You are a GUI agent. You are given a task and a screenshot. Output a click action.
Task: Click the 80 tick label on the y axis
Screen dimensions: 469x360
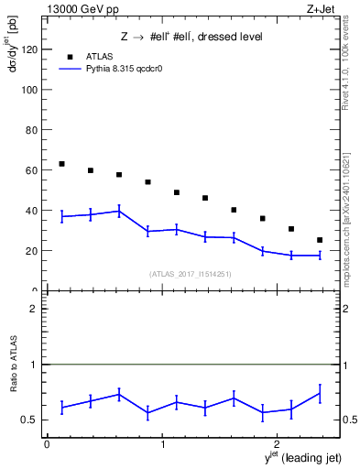pos(31,130)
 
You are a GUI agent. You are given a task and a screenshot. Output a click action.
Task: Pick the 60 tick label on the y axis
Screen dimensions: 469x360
pos(31,170)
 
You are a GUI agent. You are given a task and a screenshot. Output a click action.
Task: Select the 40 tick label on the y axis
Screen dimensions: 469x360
pos(31,211)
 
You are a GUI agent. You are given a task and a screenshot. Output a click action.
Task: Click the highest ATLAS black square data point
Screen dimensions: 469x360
pos(61,164)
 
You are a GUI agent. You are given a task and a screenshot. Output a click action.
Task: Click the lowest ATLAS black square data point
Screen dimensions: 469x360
pos(320,240)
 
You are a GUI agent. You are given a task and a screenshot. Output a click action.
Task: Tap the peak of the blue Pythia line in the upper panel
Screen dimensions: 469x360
pos(119,211)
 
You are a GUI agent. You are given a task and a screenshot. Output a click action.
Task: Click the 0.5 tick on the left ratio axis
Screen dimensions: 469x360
pos(31,420)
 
